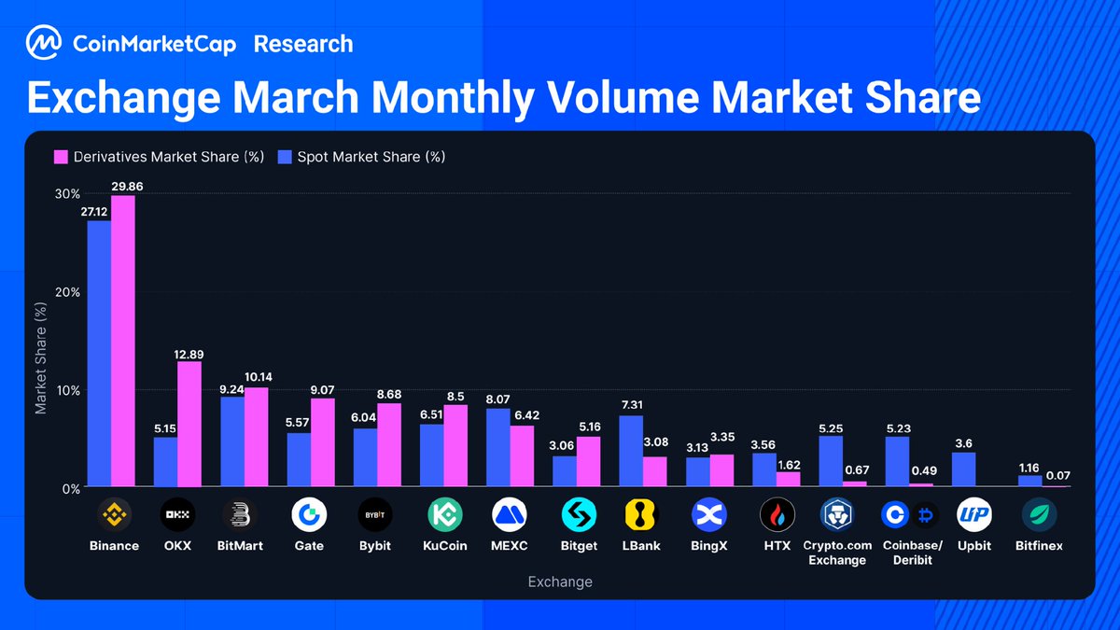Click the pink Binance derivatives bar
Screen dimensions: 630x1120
pyautogui.click(x=123, y=342)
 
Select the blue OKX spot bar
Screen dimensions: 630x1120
pyautogui.click(x=165, y=462)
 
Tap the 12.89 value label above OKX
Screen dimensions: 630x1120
pyautogui.click(x=189, y=353)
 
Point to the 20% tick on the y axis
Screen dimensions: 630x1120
pyautogui.click(x=67, y=292)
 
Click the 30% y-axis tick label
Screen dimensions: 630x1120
pyautogui.click(x=67, y=194)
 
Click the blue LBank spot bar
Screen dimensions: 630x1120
pyautogui.click(x=630, y=451)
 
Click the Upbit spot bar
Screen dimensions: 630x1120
pyautogui.click(x=963, y=469)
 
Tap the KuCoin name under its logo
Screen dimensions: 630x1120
pyautogui.click(x=444, y=546)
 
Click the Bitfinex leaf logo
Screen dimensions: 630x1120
pyautogui.click(x=1039, y=514)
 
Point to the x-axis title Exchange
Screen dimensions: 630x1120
pyautogui.click(x=560, y=582)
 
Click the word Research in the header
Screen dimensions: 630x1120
pyautogui.click(x=303, y=44)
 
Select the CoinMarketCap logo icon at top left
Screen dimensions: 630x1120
pyautogui.click(x=44, y=44)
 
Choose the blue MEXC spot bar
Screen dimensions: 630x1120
pyautogui.click(x=498, y=448)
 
